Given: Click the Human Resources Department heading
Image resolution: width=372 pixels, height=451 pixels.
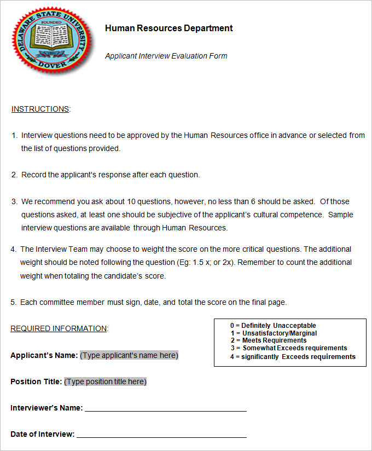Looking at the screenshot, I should coord(168,28).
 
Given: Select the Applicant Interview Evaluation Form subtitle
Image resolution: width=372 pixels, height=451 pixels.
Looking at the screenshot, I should coord(166,56).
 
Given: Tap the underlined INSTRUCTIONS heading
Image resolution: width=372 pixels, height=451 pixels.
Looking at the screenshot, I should coord(40,109).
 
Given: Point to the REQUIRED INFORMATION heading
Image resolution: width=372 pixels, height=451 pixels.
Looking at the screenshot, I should coord(59,328).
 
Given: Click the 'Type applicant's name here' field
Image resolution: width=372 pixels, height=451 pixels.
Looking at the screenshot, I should coord(129,355).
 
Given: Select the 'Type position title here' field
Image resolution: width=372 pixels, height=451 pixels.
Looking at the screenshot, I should coord(105,381).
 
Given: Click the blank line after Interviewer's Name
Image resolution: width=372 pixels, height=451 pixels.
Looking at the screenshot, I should coord(165,408).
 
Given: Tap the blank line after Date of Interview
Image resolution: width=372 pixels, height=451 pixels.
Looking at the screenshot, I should coord(161,435).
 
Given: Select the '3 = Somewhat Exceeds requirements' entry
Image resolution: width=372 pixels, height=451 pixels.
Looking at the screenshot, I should coord(288,348).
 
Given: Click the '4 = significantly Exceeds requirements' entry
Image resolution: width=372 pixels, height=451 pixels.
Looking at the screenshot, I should coord(293,357).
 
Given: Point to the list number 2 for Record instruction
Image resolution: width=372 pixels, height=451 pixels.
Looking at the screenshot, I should coord(14,175).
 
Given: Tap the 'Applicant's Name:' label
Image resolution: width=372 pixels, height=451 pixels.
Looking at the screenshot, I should coord(44,355).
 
